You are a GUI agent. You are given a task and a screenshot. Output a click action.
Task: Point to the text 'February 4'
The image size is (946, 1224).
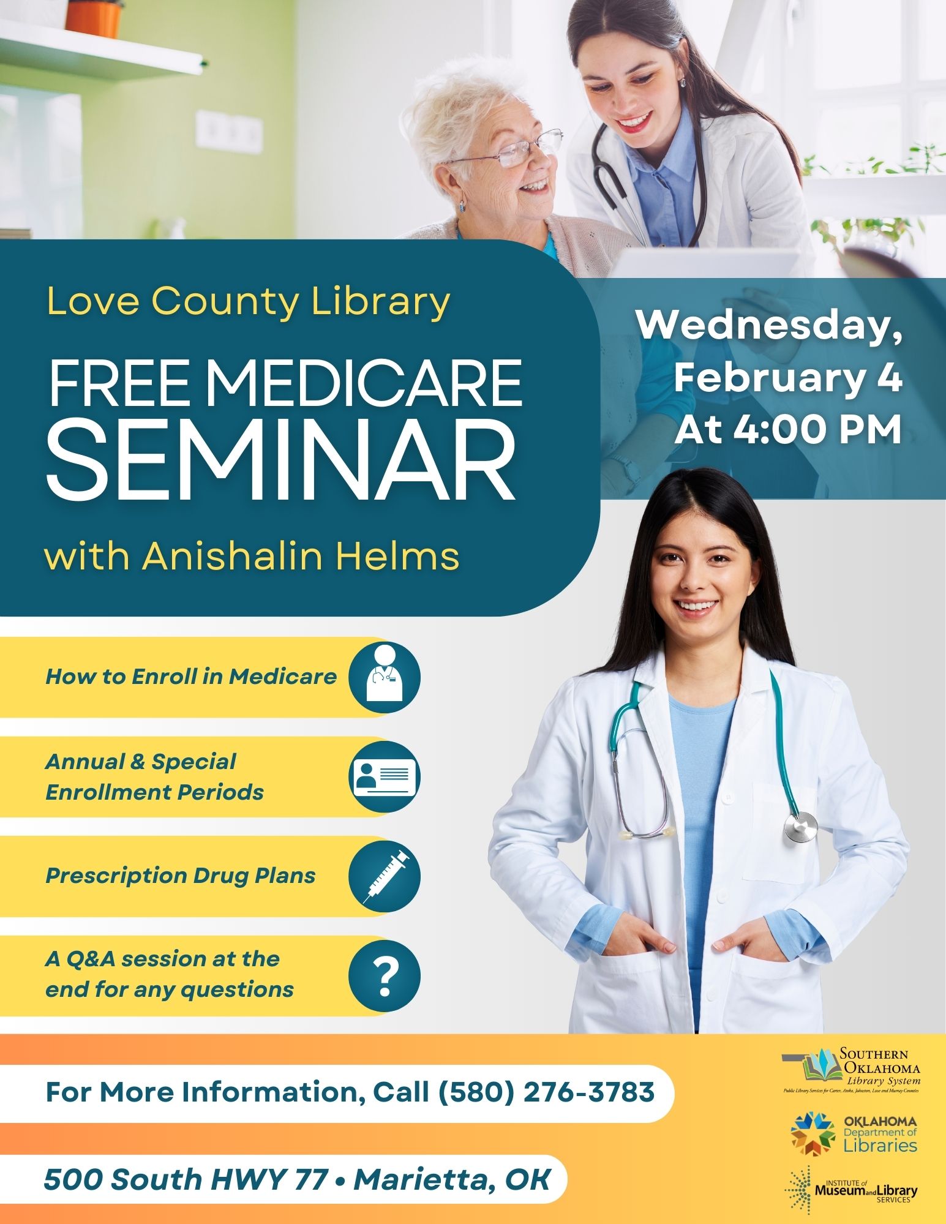pos(788,378)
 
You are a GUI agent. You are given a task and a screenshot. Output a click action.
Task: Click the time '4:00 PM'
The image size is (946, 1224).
pos(817,429)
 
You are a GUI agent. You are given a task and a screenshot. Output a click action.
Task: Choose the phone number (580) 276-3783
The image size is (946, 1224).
pos(546,1092)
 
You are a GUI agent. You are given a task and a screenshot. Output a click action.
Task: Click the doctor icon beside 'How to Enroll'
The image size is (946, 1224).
pos(385,677)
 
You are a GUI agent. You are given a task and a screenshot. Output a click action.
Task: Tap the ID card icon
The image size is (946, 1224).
pos(385,776)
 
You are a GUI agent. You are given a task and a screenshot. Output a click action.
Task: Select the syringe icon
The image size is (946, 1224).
pos(385,876)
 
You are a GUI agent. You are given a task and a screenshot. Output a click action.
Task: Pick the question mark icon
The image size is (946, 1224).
pos(385,976)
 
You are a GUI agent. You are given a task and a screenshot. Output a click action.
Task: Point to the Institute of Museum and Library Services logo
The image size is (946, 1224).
pos(852,1191)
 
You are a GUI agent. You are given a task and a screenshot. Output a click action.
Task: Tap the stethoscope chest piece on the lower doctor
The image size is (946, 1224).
pos(801,828)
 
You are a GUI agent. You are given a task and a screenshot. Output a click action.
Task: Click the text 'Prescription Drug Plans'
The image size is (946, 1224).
pos(180,876)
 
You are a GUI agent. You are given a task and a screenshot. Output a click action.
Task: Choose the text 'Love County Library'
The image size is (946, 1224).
pos(248,301)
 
